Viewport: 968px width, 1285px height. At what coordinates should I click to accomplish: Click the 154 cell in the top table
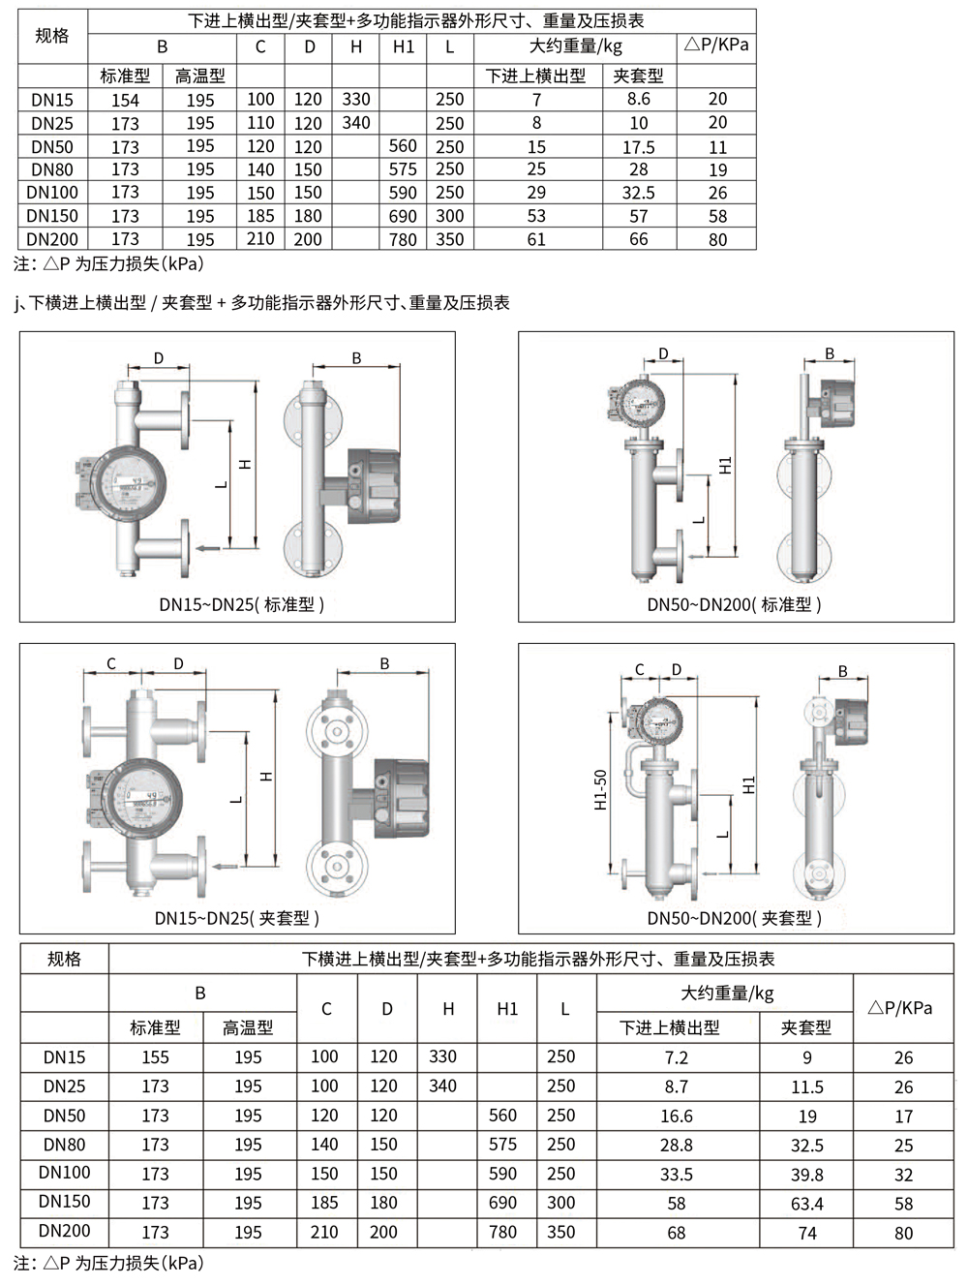point(125,100)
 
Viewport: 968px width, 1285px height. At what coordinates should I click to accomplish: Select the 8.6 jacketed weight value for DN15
point(639,99)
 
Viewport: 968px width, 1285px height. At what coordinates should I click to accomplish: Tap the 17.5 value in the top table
point(639,147)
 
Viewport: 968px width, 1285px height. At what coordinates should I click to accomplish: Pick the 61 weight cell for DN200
point(536,239)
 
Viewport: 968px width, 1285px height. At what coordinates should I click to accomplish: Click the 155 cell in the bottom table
point(155,1057)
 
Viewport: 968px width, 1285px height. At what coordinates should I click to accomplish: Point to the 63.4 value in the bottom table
point(807,1204)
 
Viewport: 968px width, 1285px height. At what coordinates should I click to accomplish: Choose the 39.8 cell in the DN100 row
point(807,1175)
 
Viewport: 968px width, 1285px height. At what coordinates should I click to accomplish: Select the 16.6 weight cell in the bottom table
point(677,1117)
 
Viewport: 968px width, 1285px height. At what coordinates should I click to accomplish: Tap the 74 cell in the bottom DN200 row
point(807,1234)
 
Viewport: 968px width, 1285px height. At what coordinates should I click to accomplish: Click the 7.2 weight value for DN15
point(677,1057)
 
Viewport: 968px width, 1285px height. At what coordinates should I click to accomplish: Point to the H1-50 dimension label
point(601,790)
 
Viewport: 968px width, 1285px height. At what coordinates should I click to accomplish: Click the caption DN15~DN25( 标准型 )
point(242,604)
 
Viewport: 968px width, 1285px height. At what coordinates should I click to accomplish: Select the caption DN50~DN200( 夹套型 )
point(735,918)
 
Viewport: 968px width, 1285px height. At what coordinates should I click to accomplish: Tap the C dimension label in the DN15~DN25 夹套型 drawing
point(111,663)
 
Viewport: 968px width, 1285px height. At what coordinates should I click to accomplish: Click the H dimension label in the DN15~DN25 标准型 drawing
point(245,464)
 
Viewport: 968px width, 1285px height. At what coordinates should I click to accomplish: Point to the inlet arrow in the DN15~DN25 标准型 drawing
point(208,548)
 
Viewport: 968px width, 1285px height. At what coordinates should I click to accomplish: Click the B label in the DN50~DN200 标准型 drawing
point(830,353)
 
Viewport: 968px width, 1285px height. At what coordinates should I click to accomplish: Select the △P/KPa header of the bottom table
point(900,1007)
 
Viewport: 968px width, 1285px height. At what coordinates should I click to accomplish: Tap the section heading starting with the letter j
point(261,303)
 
